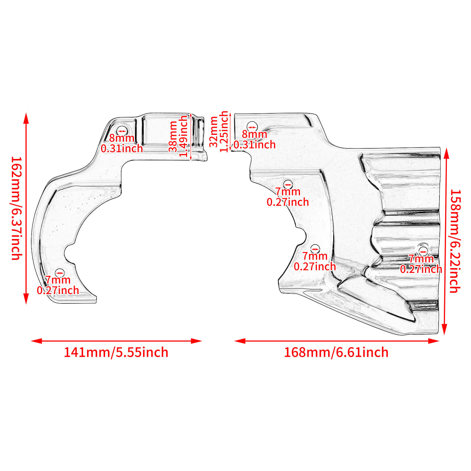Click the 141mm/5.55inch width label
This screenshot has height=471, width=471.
click(x=116, y=352)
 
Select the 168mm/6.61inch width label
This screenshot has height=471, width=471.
click(x=336, y=352)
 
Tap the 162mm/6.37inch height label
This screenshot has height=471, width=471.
click(x=16, y=208)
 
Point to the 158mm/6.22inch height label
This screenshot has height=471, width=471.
click(x=455, y=241)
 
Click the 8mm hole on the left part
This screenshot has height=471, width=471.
click(x=122, y=130)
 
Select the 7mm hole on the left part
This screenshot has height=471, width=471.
click(x=60, y=273)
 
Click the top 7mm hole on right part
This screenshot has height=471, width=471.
click(x=288, y=185)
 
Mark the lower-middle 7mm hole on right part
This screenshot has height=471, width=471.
click(x=315, y=249)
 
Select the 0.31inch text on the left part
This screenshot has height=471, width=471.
click(x=122, y=148)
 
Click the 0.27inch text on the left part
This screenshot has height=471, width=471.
click(x=58, y=290)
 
